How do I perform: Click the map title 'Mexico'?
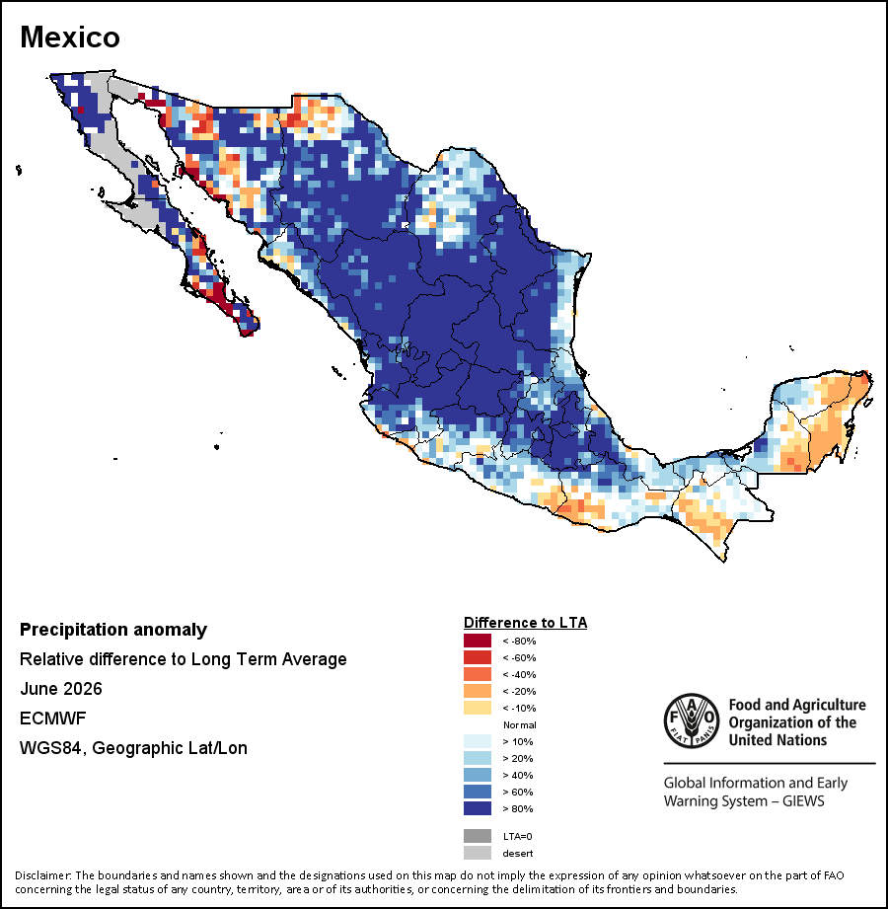pos(70,38)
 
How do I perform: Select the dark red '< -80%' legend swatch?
pos(477,641)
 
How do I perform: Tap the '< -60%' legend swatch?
pos(477,657)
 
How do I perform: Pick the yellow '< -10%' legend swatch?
pos(477,708)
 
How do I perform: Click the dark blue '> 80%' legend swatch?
pos(477,808)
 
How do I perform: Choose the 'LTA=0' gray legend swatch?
pos(477,836)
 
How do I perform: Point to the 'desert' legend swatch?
pos(477,853)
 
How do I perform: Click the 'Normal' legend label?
pos(519,724)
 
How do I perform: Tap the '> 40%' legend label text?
pos(518,775)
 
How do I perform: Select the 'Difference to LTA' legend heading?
pos(525,623)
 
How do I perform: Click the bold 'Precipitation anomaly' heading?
pos(113,630)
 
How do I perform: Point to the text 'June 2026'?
pos(61,689)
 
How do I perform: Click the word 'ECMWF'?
pos(52,719)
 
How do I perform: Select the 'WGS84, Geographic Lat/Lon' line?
pos(133,748)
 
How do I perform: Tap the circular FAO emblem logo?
pos(692,720)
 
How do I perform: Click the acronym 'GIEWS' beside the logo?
pos(803,801)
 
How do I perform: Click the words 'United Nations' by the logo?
pos(777,740)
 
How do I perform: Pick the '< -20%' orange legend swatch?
pos(477,691)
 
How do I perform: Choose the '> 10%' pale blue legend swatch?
pos(477,741)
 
